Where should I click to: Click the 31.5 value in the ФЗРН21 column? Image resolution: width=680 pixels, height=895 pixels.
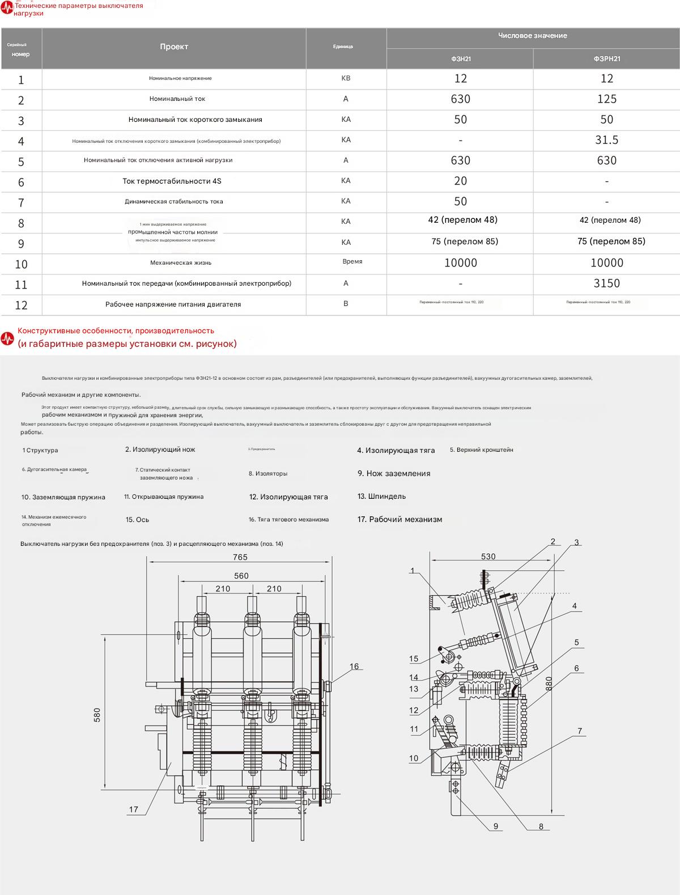606,140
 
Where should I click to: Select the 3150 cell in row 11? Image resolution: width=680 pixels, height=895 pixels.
606,283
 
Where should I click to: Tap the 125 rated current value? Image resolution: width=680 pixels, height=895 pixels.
606,99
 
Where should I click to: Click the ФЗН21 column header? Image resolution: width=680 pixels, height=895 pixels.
460,59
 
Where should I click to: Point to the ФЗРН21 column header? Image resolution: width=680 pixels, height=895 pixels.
606,59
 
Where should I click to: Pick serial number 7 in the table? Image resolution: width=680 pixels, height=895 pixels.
21,202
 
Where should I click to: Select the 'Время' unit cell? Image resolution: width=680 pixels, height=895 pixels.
352,262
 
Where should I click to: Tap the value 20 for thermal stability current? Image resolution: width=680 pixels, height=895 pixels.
460,181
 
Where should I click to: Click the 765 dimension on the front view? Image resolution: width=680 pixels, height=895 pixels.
240,557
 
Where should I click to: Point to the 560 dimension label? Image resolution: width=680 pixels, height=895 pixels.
241,576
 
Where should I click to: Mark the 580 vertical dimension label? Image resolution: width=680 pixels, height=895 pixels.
97,716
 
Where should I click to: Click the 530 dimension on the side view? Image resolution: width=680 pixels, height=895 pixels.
488,557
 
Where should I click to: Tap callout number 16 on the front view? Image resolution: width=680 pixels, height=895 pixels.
354,667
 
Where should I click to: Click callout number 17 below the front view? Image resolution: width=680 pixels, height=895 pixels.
134,809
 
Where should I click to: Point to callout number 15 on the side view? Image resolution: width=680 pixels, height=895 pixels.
414,659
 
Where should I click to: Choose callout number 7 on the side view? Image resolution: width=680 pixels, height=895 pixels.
580,731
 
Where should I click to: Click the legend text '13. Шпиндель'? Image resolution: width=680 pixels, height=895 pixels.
381,497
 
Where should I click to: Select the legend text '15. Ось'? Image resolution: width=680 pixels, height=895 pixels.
137,520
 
